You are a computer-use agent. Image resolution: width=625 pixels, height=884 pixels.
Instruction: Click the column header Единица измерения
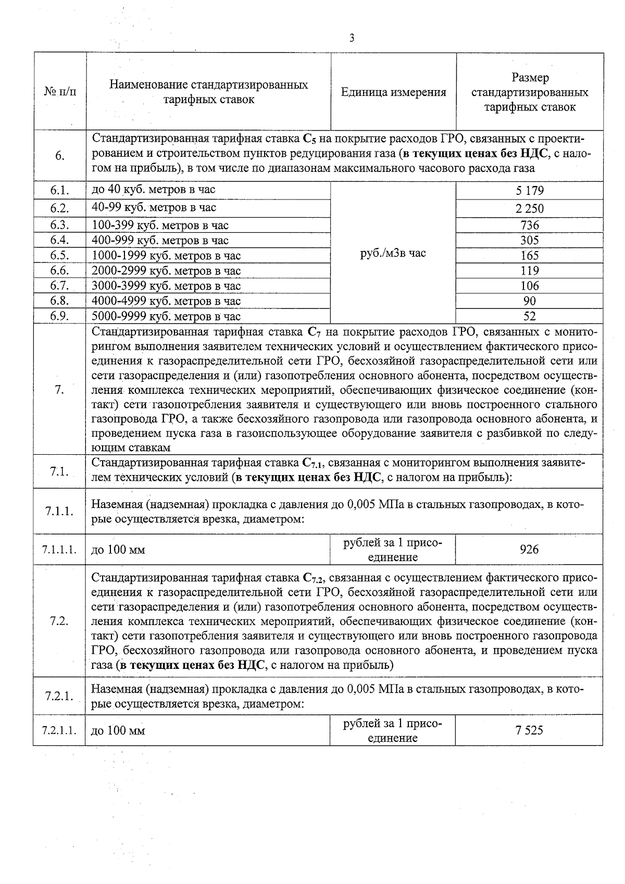tap(393, 92)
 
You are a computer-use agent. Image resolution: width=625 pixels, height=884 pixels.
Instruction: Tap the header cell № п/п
tap(59, 92)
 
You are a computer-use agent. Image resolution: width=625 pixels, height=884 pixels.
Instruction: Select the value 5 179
tap(530, 190)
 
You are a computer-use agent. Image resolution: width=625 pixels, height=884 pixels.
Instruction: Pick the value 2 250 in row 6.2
tap(530, 208)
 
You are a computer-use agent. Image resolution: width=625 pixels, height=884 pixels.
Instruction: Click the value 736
tap(530, 225)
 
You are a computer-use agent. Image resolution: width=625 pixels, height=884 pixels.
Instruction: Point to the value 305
tap(530, 240)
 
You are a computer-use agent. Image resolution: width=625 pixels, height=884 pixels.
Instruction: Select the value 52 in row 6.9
tap(530, 316)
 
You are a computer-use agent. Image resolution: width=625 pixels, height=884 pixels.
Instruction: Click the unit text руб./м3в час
tap(393, 253)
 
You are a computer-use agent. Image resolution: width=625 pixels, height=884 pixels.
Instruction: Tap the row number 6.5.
tap(59, 255)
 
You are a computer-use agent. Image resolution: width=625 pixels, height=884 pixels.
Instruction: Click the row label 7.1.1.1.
tap(59, 550)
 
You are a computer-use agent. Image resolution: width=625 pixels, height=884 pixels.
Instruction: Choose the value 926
tap(529, 550)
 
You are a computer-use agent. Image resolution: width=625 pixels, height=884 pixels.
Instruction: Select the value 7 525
tap(529, 730)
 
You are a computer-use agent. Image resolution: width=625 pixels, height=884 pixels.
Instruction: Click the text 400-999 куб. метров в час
tap(160, 240)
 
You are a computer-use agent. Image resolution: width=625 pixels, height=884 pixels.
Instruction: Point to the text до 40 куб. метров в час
tap(153, 189)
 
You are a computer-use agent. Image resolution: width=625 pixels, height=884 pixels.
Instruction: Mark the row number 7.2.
tap(59, 621)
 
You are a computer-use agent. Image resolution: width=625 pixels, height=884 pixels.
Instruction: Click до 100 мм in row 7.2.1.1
tap(118, 730)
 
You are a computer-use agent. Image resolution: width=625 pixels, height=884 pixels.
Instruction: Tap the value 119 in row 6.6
tap(530, 270)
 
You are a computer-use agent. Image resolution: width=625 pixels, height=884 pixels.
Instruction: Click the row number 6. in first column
tap(59, 156)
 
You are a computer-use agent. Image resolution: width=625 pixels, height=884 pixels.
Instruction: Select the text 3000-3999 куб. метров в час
tap(166, 285)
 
